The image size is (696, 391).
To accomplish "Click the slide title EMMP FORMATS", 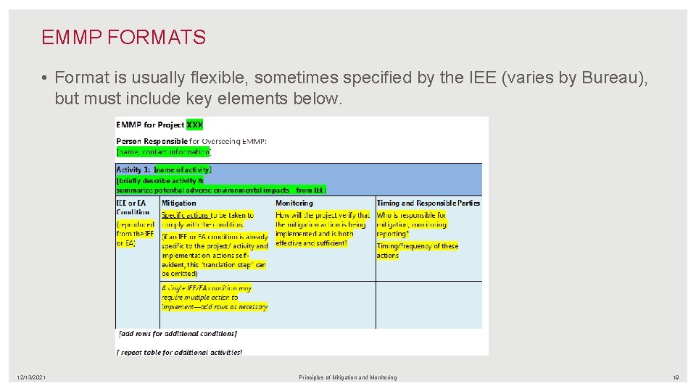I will point(123,38).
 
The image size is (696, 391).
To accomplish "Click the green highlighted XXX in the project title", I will point(194,125).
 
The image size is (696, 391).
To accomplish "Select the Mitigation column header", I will point(178,203).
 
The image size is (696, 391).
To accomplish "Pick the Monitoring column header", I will point(294,203).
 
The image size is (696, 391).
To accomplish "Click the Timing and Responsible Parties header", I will point(428,203).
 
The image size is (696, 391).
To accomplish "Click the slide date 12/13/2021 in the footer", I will point(32,377).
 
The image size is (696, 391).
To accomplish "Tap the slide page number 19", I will point(675,377).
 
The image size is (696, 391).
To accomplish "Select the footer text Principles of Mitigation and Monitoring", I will point(348,377).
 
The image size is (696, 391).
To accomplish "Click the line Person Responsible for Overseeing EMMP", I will point(191,141).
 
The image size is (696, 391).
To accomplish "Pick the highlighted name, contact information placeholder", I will point(163,152).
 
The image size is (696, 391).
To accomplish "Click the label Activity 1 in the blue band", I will point(133,170).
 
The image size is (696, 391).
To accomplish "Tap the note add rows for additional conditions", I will point(177,334).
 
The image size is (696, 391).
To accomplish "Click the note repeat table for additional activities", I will point(179,352).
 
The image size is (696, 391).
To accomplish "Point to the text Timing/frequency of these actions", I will point(417,251).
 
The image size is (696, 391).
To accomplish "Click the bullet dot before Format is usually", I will point(45,77).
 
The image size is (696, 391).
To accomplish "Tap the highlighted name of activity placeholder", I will point(183,170).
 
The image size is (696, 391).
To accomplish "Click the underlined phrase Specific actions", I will point(185,215).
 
